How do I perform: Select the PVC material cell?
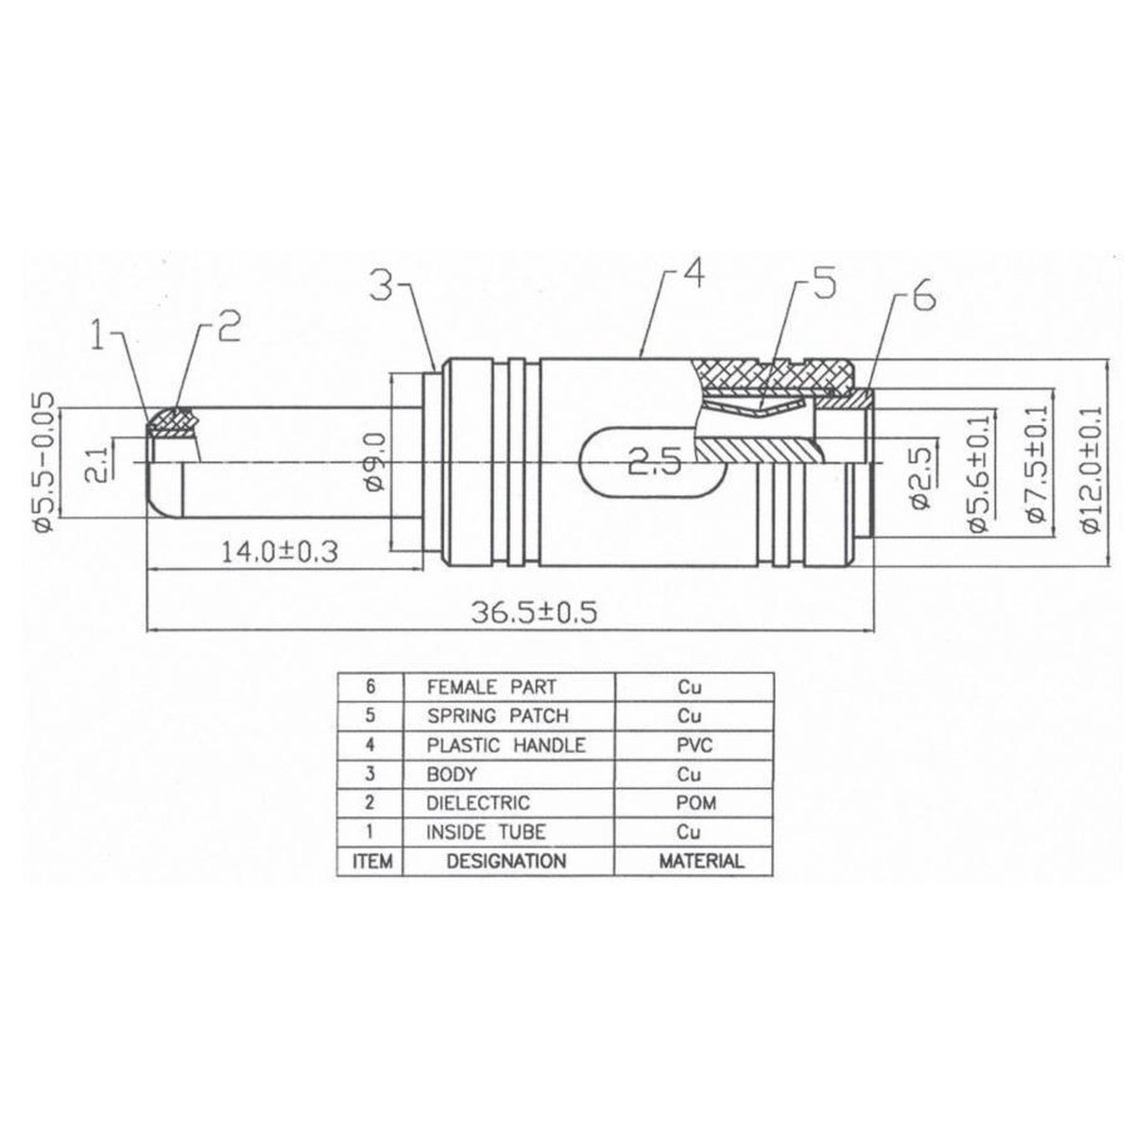click(694, 745)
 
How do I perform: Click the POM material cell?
click(694, 803)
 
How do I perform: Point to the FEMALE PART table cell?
click(491, 687)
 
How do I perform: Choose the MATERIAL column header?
click(699, 861)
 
